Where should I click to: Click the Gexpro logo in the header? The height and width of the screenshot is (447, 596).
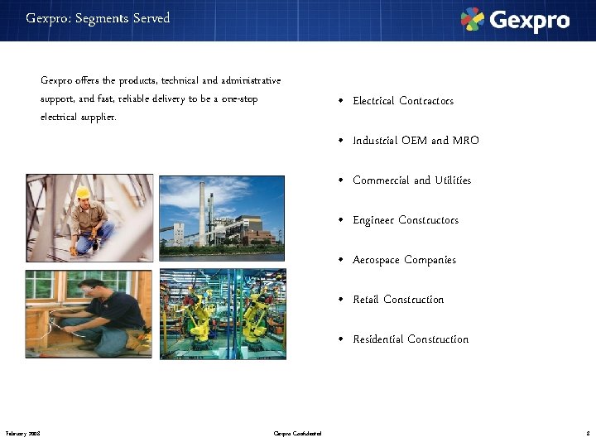click(515, 20)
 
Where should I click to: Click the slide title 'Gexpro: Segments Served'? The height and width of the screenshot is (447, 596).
click(98, 18)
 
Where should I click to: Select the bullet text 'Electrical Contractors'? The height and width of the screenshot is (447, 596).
click(403, 101)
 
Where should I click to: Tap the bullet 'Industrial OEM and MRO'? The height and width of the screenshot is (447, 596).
click(416, 141)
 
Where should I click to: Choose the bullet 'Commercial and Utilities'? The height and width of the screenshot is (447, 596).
click(411, 180)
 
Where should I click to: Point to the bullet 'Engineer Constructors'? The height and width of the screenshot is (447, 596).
click(406, 220)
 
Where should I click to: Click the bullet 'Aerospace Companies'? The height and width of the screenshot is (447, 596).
click(404, 260)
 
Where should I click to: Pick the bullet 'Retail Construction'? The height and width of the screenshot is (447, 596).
click(398, 300)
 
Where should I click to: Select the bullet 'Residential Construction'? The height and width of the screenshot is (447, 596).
click(411, 339)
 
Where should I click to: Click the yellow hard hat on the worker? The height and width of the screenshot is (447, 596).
click(83, 193)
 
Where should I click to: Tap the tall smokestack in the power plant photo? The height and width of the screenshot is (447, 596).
click(201, 212)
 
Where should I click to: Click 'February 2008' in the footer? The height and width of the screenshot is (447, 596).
click(23, 433)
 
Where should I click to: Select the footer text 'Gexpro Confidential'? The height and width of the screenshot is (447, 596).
click(298, 433)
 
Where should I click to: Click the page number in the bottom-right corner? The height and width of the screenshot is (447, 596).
click(587, 433)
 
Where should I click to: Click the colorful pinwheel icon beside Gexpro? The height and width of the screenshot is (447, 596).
click(473, 19)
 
